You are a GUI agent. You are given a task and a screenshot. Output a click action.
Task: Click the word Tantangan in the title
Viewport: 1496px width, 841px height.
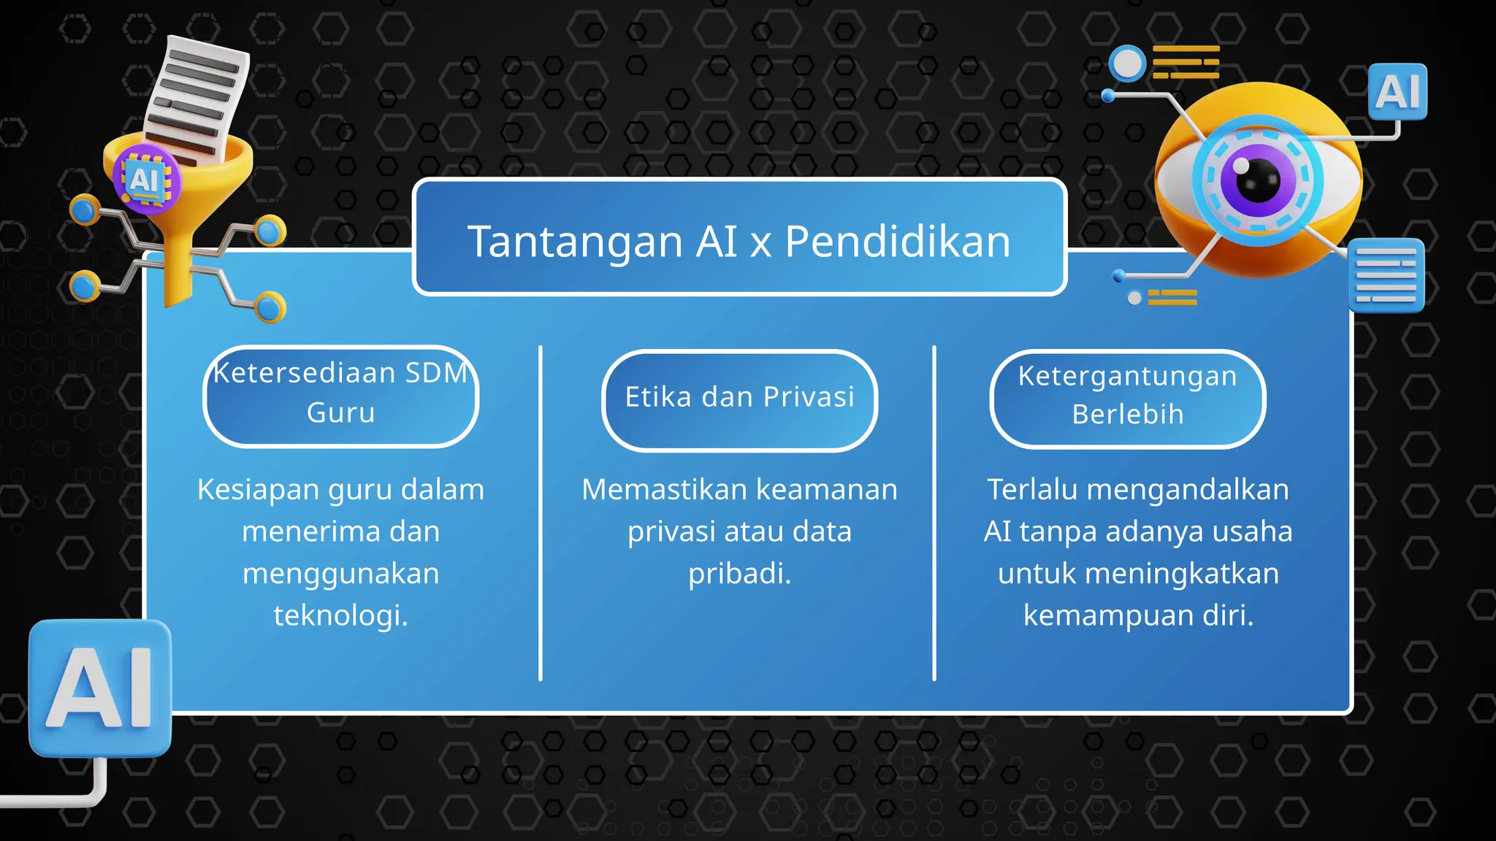(x=574, y=242)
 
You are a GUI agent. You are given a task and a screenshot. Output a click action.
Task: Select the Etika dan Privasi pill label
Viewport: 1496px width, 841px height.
(x=739, y=398)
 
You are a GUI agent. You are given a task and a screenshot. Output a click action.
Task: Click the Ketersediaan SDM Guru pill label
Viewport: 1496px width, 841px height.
(x=340, y=394)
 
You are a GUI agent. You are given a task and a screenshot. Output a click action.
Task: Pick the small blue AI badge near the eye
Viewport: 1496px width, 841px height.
(x=1397, y=92)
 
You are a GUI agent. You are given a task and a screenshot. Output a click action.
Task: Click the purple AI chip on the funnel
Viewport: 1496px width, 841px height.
(x=145, y=180)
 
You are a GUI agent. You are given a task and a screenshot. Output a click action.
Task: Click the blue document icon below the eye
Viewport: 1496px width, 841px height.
(x=1386, y=275)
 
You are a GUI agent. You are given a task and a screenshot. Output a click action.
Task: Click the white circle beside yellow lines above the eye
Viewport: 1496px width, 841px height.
(x=1128, y=64)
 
